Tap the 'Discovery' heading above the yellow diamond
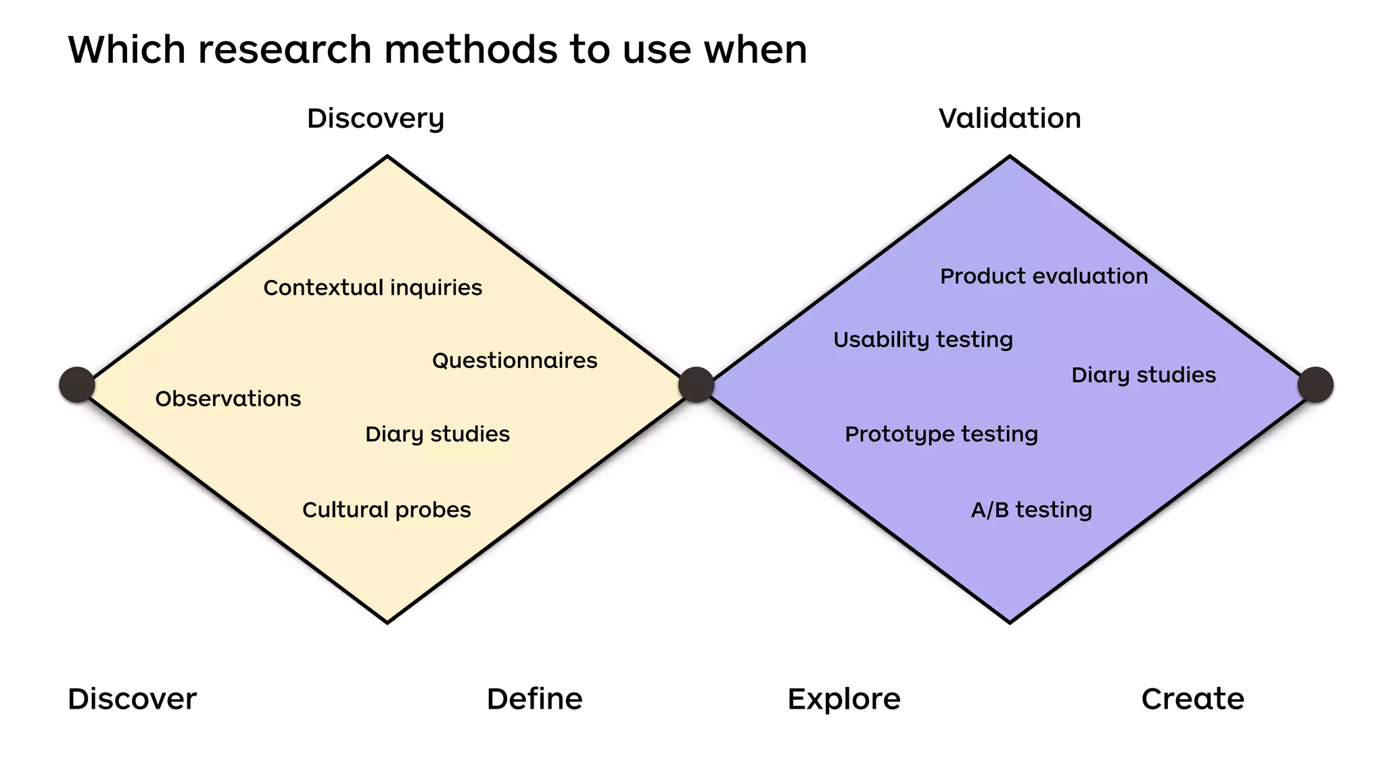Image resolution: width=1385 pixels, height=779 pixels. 375,119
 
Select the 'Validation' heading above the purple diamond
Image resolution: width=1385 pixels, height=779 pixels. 1010,118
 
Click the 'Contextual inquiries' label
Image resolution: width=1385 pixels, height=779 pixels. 373,288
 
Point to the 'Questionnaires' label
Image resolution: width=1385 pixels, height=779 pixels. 515,360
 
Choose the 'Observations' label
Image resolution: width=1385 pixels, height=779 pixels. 228,399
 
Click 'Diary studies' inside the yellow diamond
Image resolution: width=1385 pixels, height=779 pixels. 438,434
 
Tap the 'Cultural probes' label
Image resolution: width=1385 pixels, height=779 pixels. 386,510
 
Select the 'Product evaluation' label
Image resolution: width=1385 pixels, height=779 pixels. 1044,276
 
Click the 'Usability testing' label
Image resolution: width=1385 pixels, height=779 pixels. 923,339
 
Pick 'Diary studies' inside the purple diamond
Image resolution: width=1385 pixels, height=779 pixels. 1144,375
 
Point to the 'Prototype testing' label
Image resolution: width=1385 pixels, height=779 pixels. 941,434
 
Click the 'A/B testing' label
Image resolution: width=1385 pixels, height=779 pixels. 1031,510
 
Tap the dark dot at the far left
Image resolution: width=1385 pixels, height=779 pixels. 77,385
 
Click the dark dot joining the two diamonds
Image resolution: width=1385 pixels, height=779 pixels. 696,385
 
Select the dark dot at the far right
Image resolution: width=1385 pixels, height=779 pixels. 1315,385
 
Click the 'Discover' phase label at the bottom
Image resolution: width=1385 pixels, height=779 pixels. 133,699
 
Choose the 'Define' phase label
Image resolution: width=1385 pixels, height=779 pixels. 534,699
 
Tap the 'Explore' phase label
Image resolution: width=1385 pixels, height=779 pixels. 844,699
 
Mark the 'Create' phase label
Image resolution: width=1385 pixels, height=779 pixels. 1193,699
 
